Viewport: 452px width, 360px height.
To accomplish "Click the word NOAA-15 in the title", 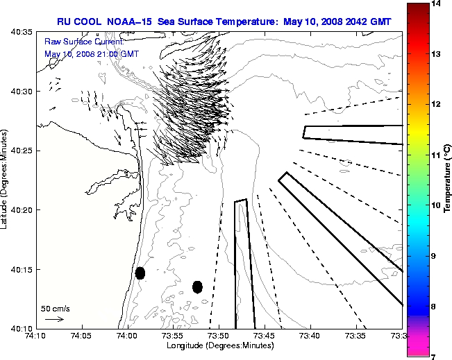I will coord(128,22).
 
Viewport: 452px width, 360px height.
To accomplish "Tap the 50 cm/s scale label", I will coord(56,309).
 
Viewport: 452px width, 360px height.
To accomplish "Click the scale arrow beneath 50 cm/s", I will coord(54,319).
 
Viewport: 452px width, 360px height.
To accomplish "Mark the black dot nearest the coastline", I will coord(140,273).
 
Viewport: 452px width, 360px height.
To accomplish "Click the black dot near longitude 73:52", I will coord(197,286).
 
